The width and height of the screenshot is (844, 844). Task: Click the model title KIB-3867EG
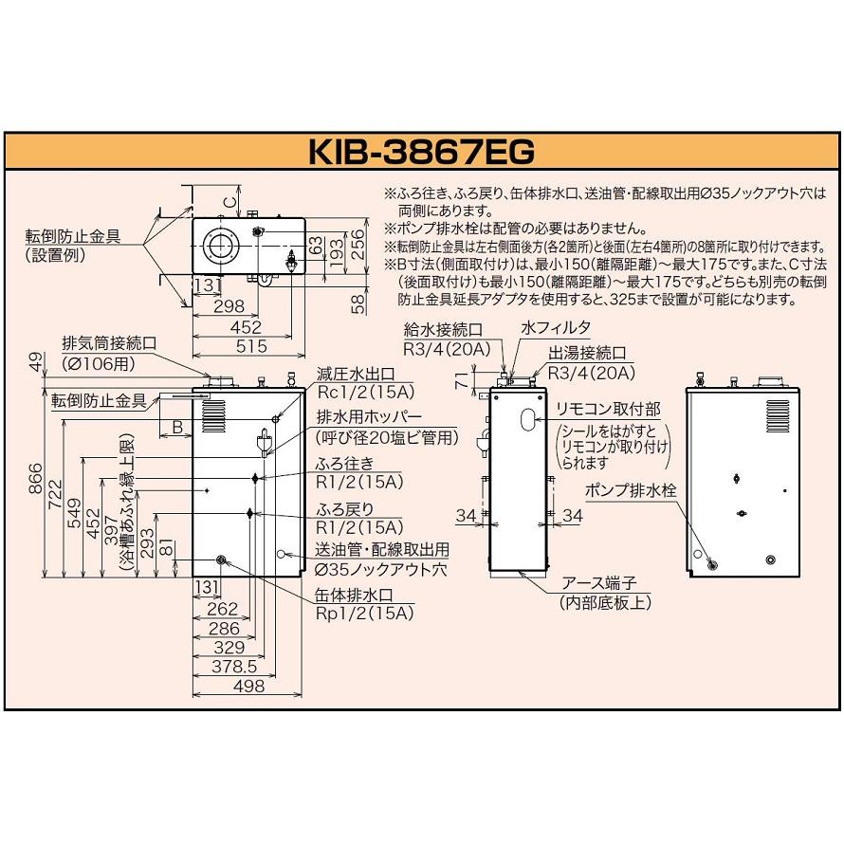tap(423, 152)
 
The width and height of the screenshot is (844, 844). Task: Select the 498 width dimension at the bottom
tap(248, 688)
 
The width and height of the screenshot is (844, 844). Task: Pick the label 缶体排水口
tap(353, 595)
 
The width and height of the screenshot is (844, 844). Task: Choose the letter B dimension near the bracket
tap(177, 429)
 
